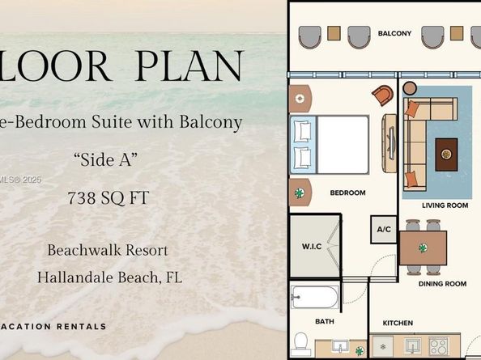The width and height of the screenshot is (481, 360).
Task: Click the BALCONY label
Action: [394, 33]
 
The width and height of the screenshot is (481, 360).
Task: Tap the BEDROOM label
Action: [347, 193]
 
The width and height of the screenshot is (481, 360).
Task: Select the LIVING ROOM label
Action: [445, 205]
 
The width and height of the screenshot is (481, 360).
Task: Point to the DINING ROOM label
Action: [442, 284]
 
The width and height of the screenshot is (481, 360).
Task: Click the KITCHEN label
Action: [398, 324]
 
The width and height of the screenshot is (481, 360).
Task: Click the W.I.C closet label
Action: [313, 246]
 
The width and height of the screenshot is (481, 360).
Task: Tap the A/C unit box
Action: [384, 230]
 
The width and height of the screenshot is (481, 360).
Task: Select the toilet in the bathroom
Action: [300, 343]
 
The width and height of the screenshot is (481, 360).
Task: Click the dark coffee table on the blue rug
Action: [446, 154]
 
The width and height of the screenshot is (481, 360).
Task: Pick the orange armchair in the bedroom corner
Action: [382, 95]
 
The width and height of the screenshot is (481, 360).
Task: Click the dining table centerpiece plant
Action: [423, 248]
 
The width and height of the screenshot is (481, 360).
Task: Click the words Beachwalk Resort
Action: [108, 250]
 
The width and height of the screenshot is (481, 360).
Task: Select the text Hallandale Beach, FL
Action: [109, 277]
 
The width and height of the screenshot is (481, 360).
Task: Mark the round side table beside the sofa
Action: [410, 87]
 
